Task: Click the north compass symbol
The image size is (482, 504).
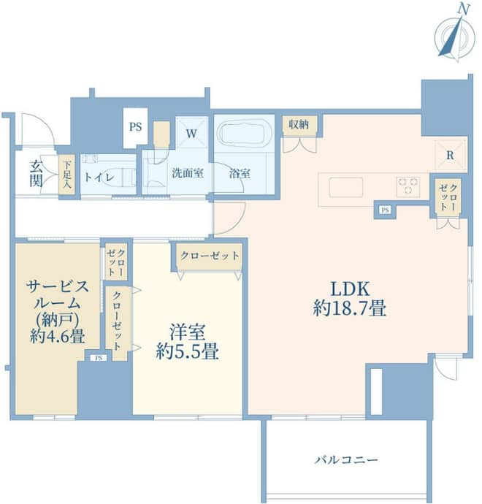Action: tap(454, 35)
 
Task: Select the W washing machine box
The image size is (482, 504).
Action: tap(191, 132)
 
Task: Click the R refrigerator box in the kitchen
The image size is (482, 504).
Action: tap(450, 156)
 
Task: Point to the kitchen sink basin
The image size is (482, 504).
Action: tap(346, 187)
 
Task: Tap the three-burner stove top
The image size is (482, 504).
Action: tap(408, 186)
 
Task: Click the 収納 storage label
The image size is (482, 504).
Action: tap(299, 124)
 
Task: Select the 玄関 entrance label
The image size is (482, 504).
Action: tap(36, 174)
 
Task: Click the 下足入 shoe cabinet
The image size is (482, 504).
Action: tap(67, 175)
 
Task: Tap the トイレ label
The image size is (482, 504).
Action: tap(99, 177)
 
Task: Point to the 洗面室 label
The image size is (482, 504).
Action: tap(188, 173)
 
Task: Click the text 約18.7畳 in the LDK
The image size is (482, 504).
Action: tap(349, 308)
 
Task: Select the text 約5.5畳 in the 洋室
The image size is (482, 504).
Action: tap(188, 351)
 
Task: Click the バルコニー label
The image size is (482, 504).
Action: tap(346, 459)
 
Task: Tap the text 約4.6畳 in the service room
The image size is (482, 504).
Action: tap(58, 336)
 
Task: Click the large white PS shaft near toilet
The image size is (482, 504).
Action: tap(136, 128)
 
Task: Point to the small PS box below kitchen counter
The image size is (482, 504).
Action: tap(386, 210)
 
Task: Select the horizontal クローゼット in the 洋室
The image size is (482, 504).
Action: tap(210, 256)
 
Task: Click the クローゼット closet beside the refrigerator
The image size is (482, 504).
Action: tap(448, 196)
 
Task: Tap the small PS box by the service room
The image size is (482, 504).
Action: tap(99, 358)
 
